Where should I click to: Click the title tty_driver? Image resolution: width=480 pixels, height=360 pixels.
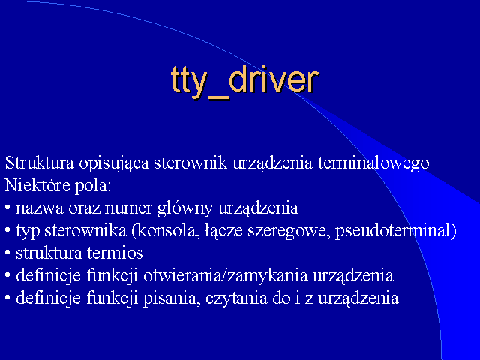pyautogui.click(x=245, y=82)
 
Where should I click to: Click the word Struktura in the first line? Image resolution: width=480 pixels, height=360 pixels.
pyautogui.click(x=40, y=163)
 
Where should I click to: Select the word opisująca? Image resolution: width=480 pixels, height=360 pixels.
pyautogui.click(x=114, y=163)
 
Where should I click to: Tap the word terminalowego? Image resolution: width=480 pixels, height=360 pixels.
pyautogui.click(x=373, y=163)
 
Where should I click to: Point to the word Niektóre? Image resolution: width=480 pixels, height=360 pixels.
pyautogui.click(x=37, y=185)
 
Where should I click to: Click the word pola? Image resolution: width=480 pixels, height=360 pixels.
pyautogui.click(x=93, y=187)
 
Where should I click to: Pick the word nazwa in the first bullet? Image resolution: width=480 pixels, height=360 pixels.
pyautogui.click(x=40, y=208)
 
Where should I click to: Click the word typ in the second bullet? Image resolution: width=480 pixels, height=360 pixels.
pyautogui.click(x=28, y=232)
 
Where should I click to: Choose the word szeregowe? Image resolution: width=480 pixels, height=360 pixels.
pyautogui.click(x=289, y=232)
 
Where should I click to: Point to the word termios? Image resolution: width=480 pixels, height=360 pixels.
pyautogui.click(x=115, y=253)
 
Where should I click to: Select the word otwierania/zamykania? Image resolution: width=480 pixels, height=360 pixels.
pyautogui.click(x=225, y=276)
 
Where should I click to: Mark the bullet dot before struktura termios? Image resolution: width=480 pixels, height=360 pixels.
pyautogui.click(x=7, y=253)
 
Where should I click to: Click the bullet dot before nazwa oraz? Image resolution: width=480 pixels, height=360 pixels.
pyautogui.click(x=7, y=208)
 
